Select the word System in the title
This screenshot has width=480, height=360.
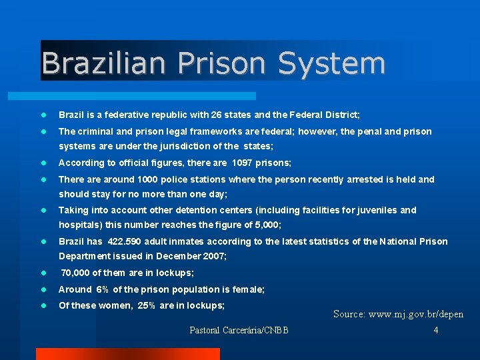point(331,63)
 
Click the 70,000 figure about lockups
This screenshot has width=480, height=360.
point(76,273)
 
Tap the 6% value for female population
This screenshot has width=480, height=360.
point(102,289)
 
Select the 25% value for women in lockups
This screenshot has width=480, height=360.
point(147,305)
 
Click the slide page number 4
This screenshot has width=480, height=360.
point(436,330)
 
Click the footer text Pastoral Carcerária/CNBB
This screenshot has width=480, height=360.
point(239,330)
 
